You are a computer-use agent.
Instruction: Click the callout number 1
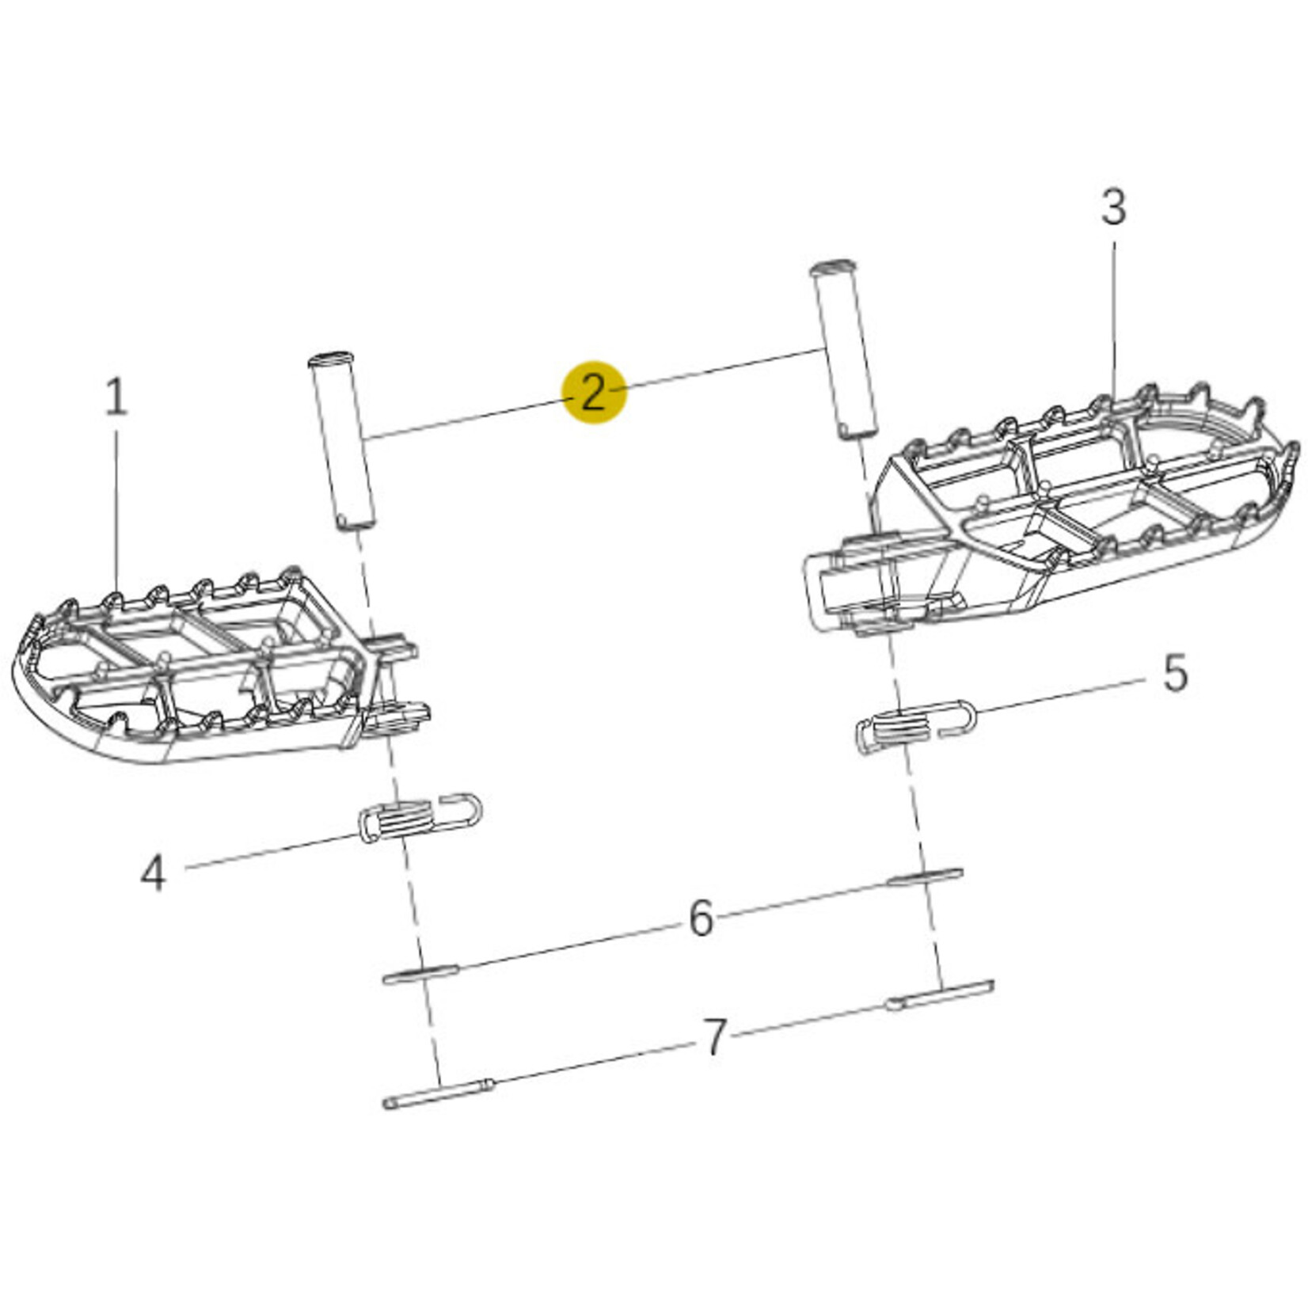pos(116,397)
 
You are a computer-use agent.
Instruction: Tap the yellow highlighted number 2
pos(593,392)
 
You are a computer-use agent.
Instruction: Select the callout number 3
pos(1113,207)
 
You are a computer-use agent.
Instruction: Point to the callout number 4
pos(153,874)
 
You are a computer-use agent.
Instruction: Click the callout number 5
pos(1175,673)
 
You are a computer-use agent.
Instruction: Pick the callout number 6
pos(702,919)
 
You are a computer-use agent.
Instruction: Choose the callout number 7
pos(715,1038)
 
